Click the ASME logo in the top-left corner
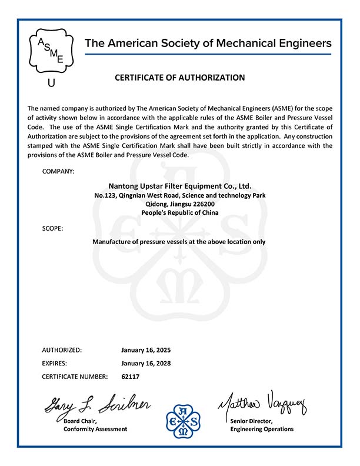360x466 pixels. tap(51, 51)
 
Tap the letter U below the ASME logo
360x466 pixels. tap(51, 83)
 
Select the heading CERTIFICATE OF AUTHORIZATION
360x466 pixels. tap(179, 77)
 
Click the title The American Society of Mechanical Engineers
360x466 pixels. tap(208, 43)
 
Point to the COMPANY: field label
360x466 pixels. tap(59, 171)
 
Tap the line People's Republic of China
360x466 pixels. tap(180, 212)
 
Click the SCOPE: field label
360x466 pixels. tap(53, 228)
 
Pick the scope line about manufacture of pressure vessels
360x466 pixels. tap(179, 241)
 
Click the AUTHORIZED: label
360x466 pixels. tap(62, 349)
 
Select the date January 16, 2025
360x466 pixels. tap(146, 349)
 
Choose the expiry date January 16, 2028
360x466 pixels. tap(146, 363)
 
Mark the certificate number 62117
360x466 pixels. tap(131, 376)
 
